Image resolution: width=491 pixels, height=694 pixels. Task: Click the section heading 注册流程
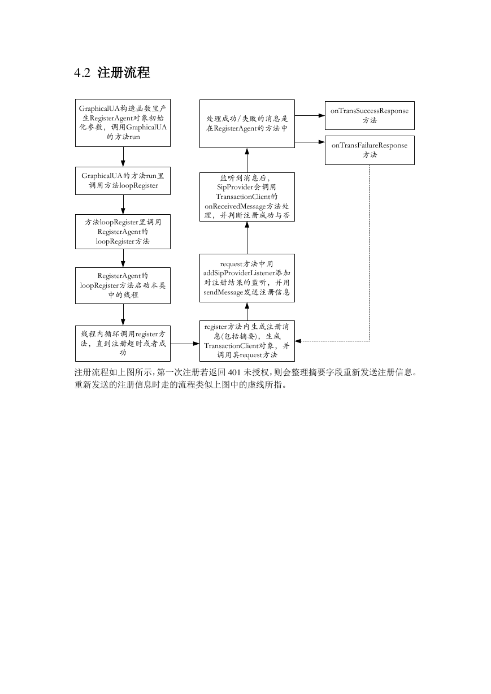(x=124, y=72)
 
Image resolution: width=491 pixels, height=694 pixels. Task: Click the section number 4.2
(x=82, y=73)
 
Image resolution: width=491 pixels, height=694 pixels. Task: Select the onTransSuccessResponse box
(x=370, y=115)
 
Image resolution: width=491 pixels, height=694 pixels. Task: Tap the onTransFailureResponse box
(x=370, y=150)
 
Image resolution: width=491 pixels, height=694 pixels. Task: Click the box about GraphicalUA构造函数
(x=123, y=123)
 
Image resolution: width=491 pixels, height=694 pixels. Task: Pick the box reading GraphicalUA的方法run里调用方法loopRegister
(x=123, y=181)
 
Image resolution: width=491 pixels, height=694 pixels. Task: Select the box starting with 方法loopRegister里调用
(x=123, y=232)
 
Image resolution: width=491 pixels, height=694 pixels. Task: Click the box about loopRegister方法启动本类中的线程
(x=123, y=285)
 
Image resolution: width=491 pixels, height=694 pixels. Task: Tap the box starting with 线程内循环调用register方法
(x=123, y=344)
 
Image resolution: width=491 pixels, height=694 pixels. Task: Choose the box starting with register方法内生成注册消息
(x=247, y=341)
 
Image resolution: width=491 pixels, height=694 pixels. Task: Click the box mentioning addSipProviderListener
(x=247, y=278)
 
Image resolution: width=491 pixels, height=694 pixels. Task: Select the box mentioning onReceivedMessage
(x=247, y=197)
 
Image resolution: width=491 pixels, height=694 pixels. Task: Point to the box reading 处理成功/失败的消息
(x=247, y=124)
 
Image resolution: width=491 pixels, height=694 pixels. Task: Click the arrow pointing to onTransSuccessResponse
(x=310, y=115)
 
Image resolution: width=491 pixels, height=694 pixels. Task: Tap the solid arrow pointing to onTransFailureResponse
(x=310, y=142)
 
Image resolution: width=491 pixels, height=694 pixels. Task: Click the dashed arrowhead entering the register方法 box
(x=298, y=341)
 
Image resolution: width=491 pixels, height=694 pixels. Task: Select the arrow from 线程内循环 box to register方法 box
(x=185, y=344)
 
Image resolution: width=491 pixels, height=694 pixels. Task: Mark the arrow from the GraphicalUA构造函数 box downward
(x=123, y=157)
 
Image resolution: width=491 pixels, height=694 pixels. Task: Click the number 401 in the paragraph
(x=234, y=372)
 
